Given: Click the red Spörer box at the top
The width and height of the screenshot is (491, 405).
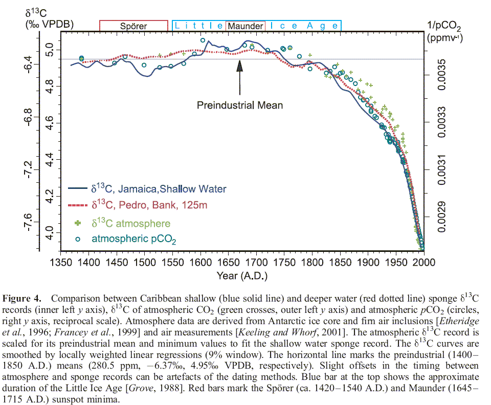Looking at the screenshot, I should [133, 26].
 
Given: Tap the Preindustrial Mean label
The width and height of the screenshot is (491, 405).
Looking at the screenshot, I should [240, 105].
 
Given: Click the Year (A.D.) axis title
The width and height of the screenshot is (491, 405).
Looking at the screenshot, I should [240, 275].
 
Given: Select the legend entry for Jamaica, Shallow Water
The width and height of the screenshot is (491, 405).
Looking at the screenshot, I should [159, 189].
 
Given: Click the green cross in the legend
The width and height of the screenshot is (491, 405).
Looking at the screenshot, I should [78, 223].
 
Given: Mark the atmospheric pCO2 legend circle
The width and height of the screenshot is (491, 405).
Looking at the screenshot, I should [78, 239].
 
